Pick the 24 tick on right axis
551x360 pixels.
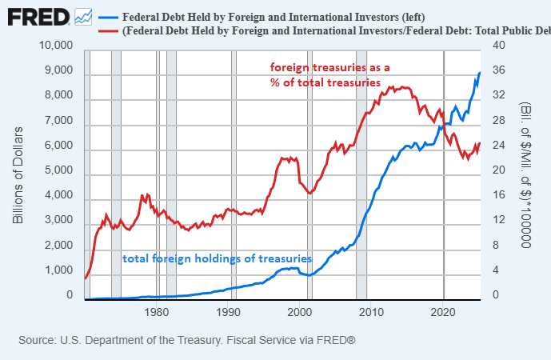[x=498, y=146]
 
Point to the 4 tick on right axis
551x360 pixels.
[x=496, y=271]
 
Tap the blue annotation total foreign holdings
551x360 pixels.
[x=216, y=259]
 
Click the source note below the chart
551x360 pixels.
[x=186, y=341]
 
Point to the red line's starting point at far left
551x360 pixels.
[x=85, y=278]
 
